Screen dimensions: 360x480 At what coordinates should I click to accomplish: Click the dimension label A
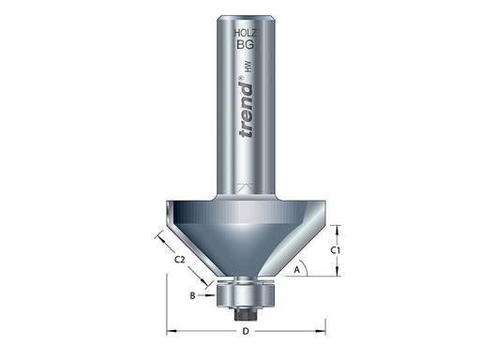click(x=297, y=270)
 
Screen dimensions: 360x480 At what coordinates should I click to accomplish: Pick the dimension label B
click(x=192, y=295)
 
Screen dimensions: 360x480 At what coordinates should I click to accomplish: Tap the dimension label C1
click(x=343, y=249)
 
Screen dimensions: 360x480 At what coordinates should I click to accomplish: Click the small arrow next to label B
click(x=210, y=295)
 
